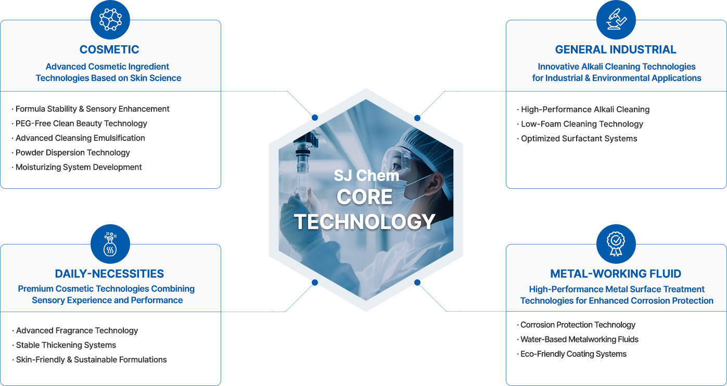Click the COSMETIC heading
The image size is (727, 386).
[x=109, y=49]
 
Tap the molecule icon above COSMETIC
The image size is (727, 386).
[x=110, y=19]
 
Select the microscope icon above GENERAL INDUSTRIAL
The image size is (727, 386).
[x=616, y=19]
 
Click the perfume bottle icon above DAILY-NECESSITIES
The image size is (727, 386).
[x=110, y=244]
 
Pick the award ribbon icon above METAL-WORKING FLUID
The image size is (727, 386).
[x=616, y=244]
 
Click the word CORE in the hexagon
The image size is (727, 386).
[x=364, y=197]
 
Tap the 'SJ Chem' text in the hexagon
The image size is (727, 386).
[x=366, y=175]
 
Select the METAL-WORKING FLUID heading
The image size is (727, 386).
[x=616, y=274]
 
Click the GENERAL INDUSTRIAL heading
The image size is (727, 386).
[x=616, y=49]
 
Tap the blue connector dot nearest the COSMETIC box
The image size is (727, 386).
[x=315, y=118]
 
